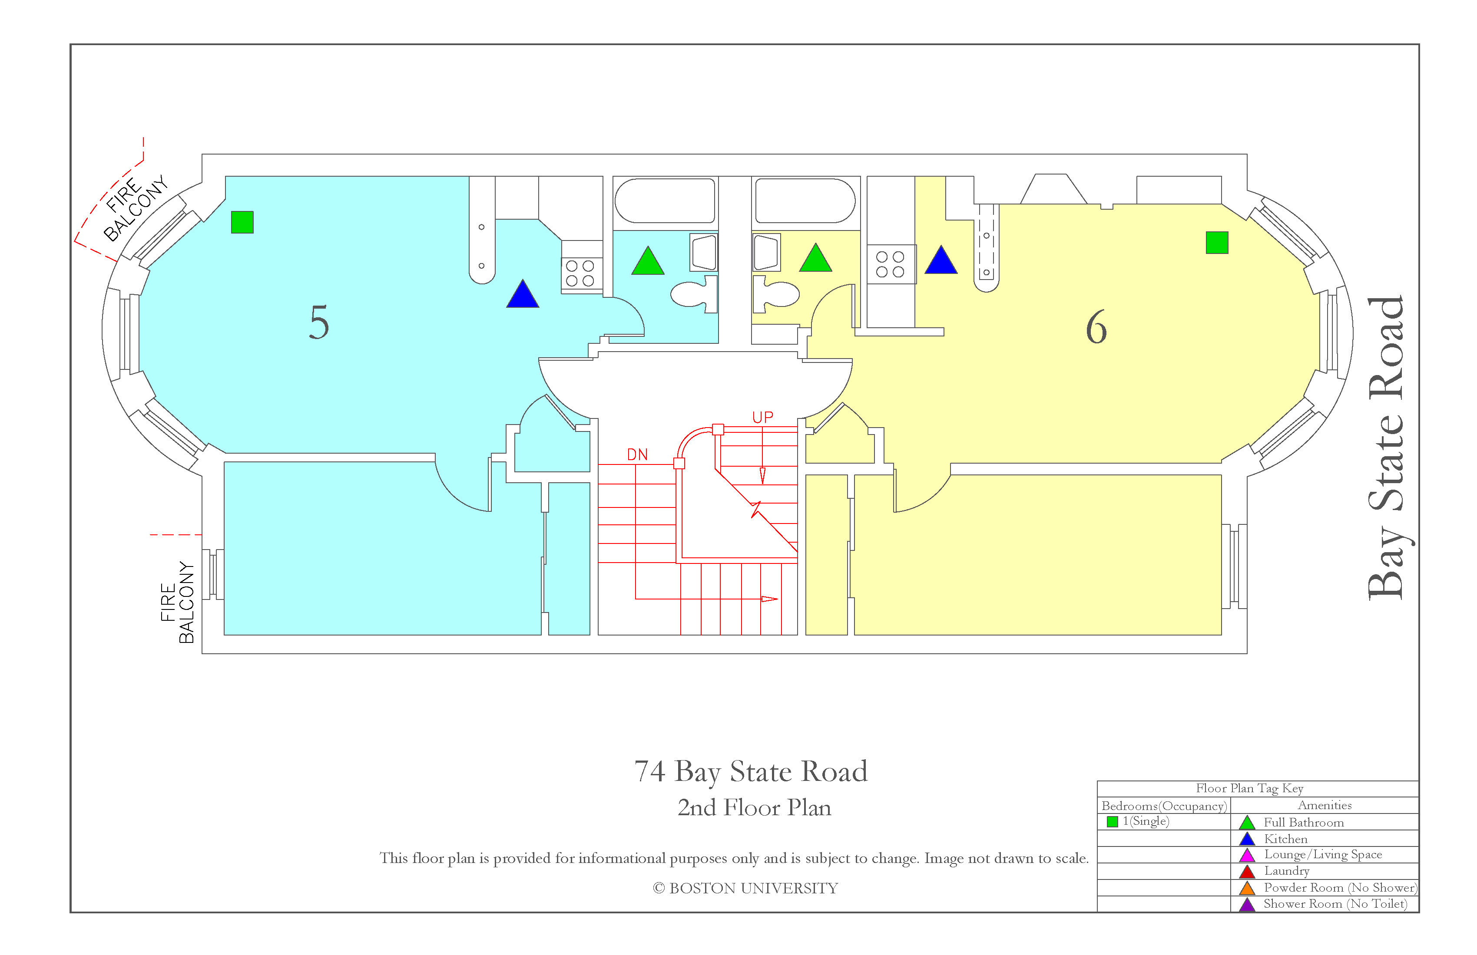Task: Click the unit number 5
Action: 319,323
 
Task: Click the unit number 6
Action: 1096,327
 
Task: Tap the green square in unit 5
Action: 242,222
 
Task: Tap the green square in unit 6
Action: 1217,243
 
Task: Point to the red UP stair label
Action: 763,417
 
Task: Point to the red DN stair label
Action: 637,454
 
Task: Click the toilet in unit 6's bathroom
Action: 776,294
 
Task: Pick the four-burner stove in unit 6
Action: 891,264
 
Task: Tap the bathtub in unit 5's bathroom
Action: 665,200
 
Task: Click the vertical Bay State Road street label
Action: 1386,448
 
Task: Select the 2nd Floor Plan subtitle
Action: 754,807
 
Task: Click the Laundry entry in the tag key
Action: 1286,871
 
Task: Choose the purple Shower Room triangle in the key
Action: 1247,904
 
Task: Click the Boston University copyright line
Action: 745,888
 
